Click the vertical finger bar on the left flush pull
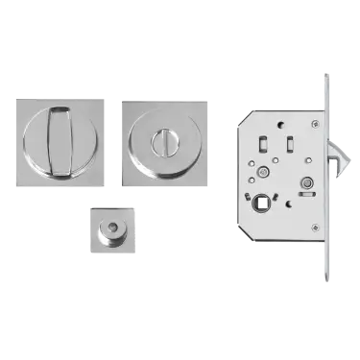click(62, 140)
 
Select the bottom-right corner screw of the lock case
click(314, 227)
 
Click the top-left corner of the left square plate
click(18, 95)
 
